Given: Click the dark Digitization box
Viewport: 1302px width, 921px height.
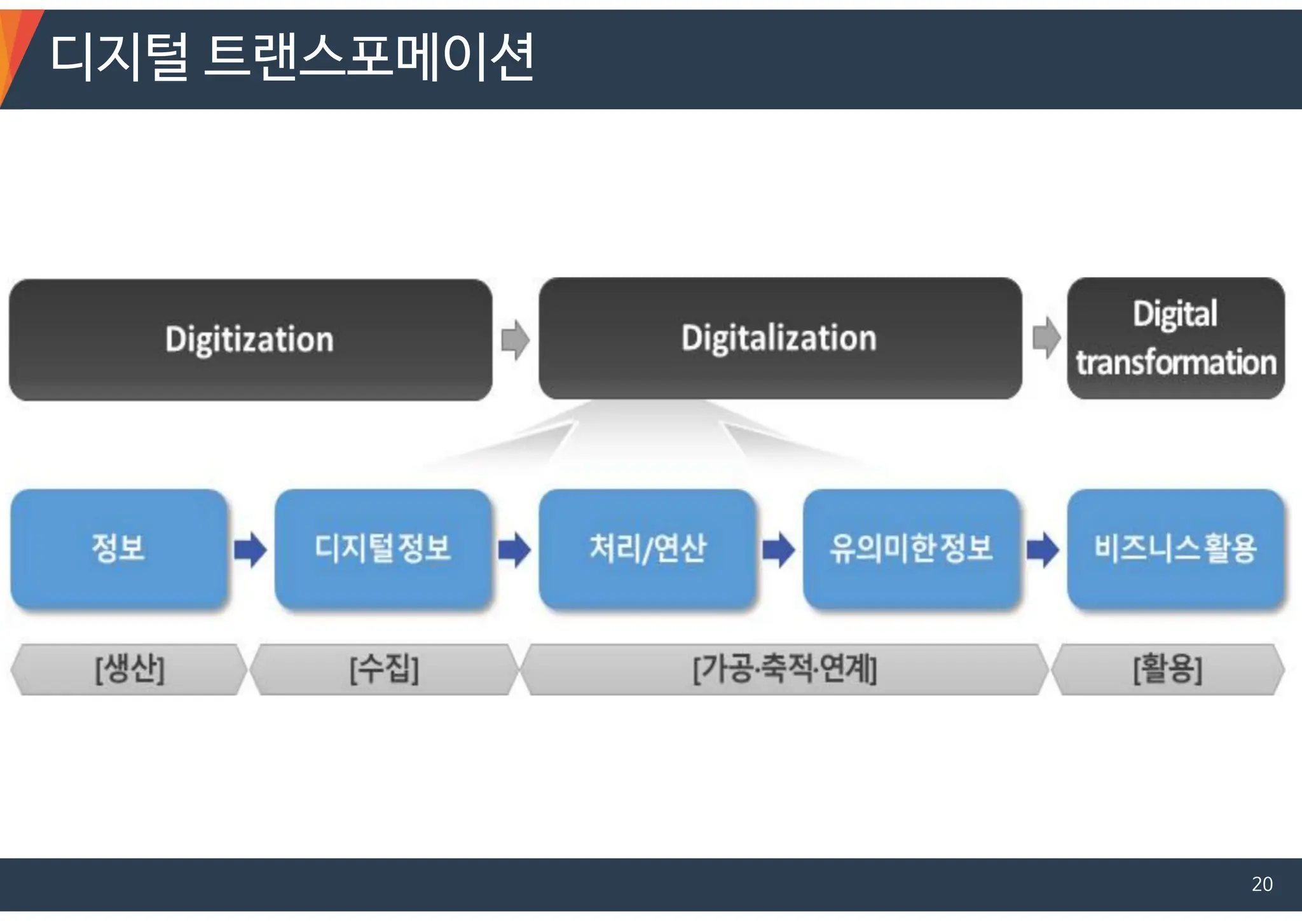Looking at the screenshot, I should (250, 339).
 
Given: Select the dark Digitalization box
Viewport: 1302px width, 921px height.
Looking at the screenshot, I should (780, 338).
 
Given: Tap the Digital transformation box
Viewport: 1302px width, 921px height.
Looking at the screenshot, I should (1175, 338).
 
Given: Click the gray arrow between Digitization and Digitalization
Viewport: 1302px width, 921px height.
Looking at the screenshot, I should (515, 340).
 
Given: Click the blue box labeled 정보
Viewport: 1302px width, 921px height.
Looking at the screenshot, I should (119, 548).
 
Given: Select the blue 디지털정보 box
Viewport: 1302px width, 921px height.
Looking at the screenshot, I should (383, 548).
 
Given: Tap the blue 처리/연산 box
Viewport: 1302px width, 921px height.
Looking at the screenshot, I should (647, 548).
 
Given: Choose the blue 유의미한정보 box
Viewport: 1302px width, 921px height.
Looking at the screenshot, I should (911, 548).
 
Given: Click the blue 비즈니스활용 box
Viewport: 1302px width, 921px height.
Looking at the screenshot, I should (1175, 548).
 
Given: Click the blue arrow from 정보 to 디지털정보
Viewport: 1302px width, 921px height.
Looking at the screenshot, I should (250, 550).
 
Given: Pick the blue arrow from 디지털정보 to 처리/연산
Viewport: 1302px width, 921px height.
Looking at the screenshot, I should (514, 550).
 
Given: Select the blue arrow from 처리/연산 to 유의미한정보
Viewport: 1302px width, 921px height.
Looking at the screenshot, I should (779, 550).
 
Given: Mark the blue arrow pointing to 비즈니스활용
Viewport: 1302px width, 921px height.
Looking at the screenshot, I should (1043, 550).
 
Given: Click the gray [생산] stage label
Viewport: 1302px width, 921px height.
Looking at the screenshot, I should (129, 669).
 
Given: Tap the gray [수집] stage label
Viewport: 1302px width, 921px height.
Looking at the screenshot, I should (384, 669).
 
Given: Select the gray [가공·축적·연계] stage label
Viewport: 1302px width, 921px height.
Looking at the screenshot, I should (785, 669).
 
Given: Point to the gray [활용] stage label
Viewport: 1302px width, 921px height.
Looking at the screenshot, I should (1168, 669).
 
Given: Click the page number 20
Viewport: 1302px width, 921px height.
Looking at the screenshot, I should (1262, 884).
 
